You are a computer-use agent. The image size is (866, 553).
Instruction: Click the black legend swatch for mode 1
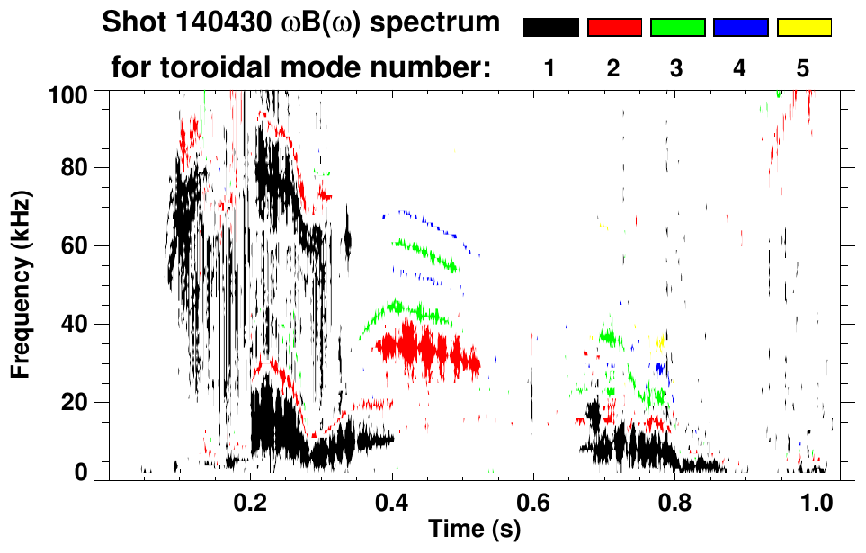(x=550, y=28)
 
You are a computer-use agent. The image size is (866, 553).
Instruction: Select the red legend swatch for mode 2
(x=614, y=28)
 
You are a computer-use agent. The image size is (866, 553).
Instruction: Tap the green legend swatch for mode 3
(x=677, y=28)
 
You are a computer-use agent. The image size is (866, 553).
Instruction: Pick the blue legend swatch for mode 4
(x=740, y=28)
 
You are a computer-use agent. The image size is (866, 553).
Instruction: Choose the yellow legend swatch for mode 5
(x=803, y=28)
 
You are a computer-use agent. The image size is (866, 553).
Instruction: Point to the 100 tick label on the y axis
(x=68, y=93)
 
